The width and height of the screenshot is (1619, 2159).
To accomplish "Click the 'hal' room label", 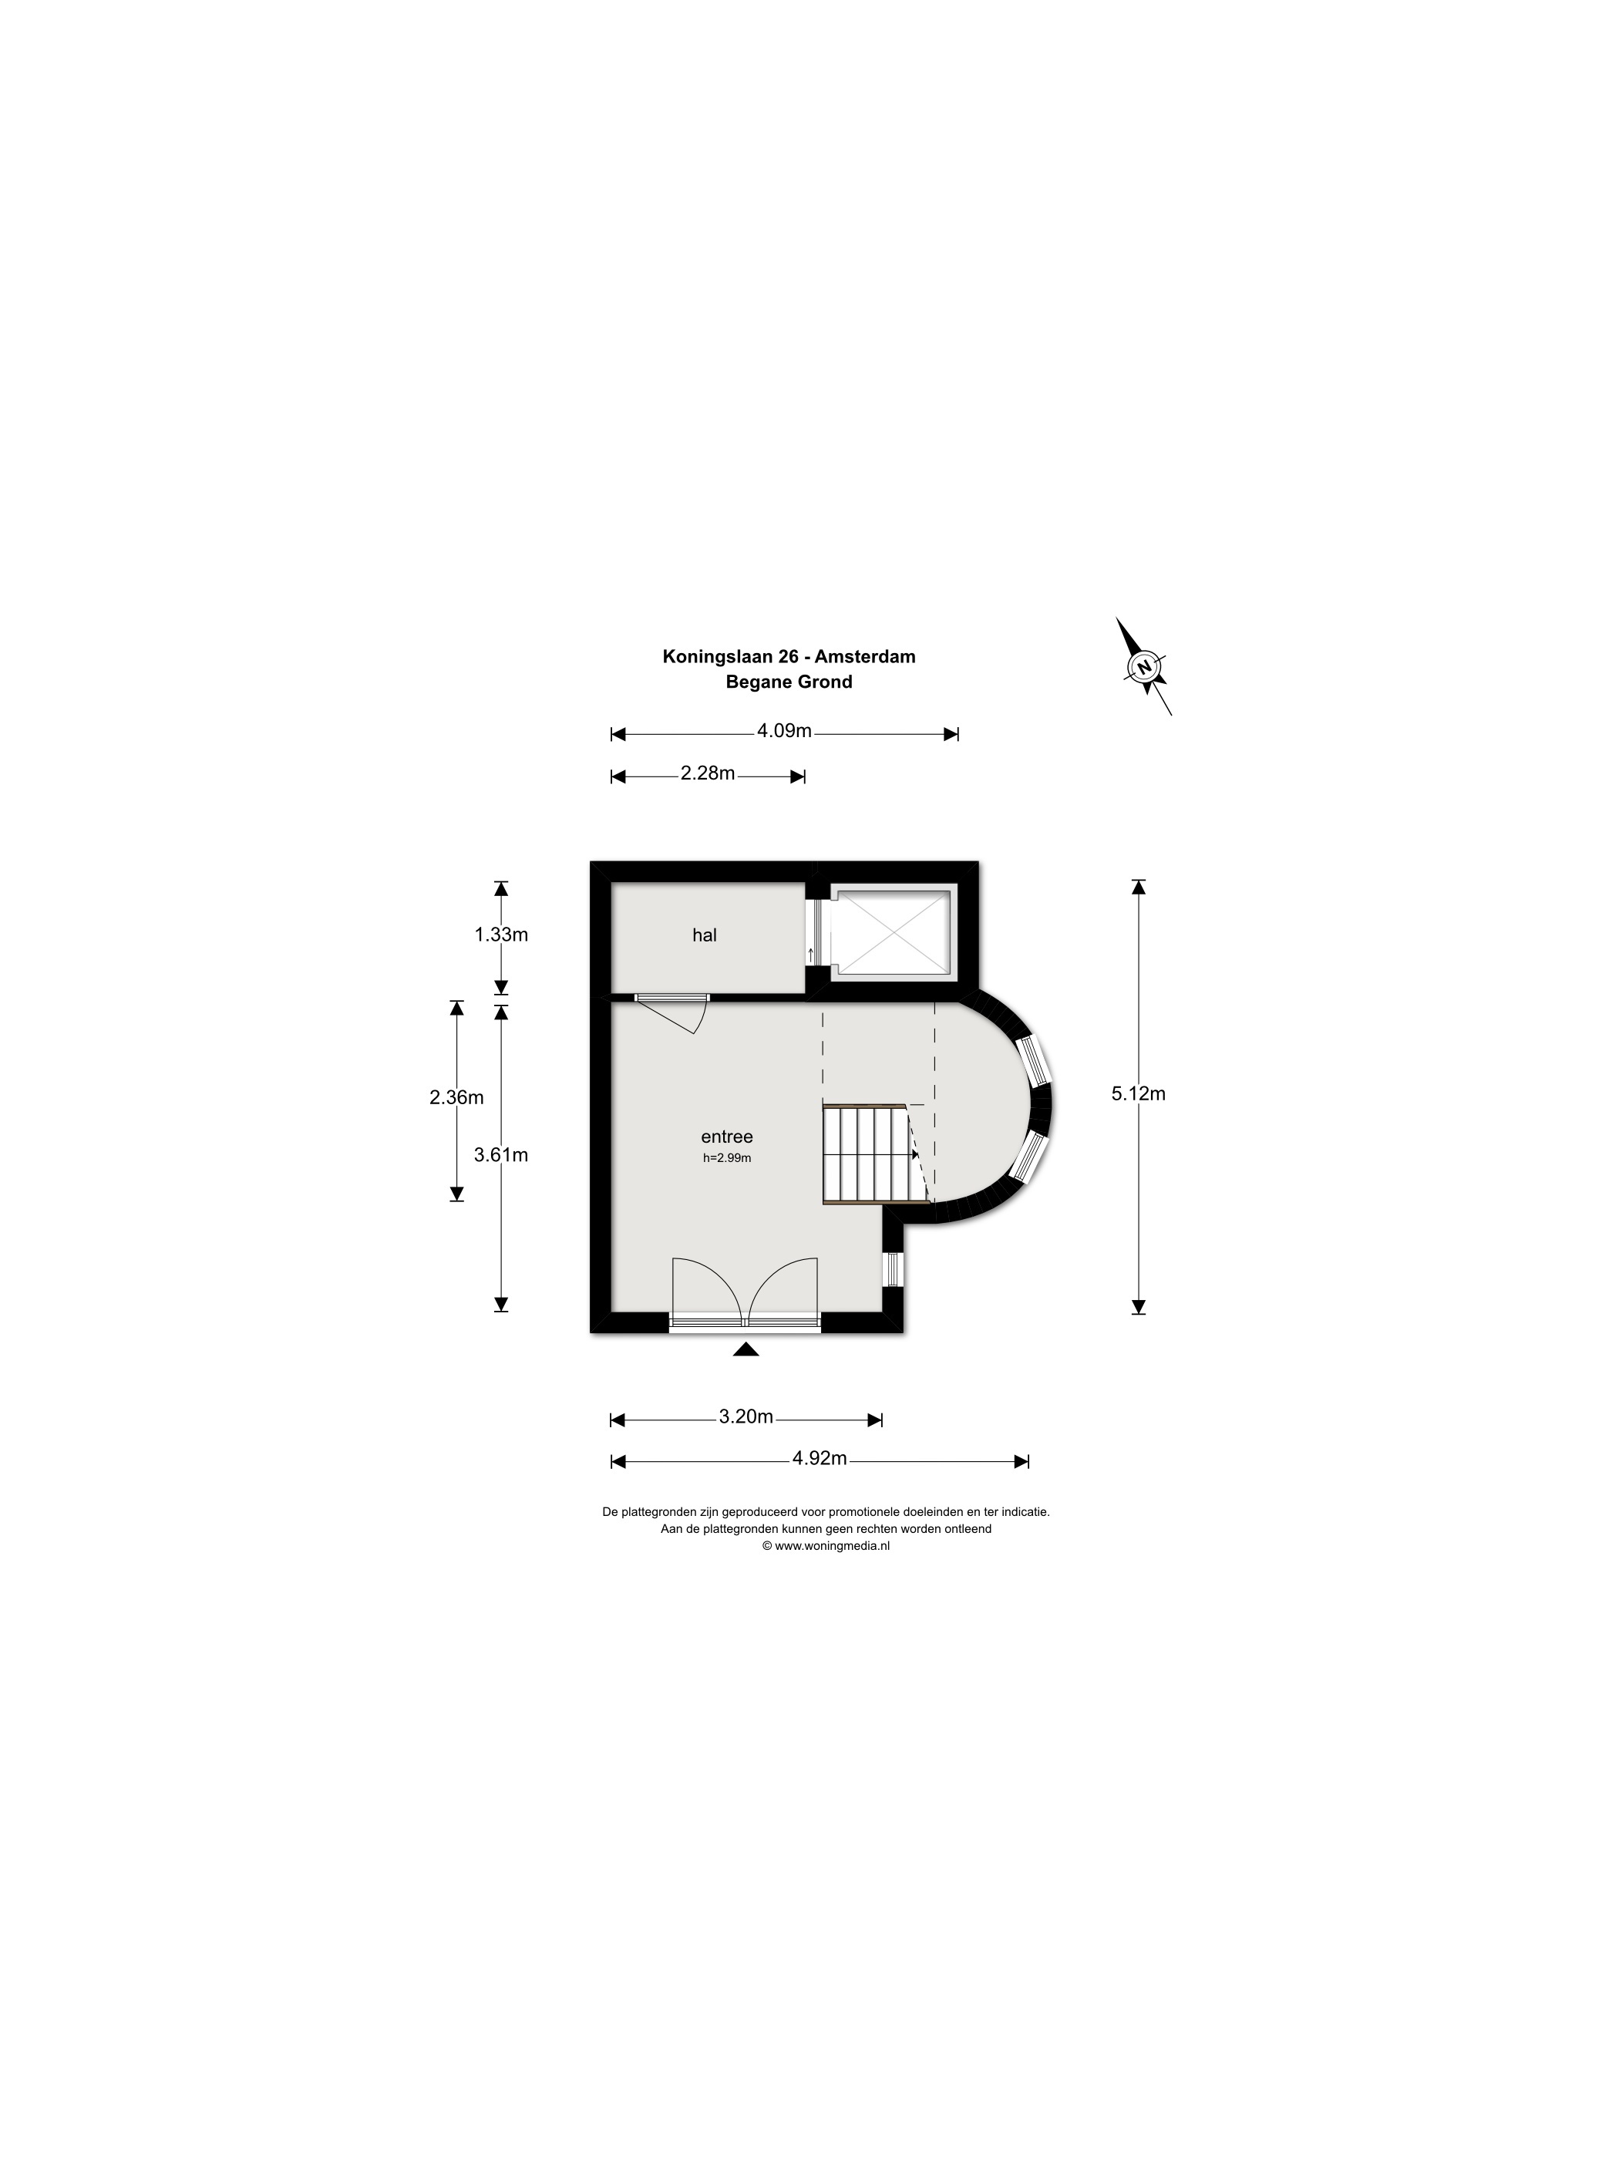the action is coord(704,935).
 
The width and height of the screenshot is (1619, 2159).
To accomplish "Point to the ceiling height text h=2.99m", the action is coord(727,1159).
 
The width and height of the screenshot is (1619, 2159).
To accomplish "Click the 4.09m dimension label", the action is coord(785,730).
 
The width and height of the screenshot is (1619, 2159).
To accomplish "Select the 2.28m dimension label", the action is coord(708,773).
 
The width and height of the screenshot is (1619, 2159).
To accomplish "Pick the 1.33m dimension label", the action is coord(502,934).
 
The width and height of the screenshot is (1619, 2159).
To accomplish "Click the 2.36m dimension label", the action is coord(456,1097).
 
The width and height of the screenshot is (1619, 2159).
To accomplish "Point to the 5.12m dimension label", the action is coord(1139,1093).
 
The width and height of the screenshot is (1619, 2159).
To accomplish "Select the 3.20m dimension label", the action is coord(746,1416).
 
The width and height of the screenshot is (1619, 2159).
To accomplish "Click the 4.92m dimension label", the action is coord(820,1458).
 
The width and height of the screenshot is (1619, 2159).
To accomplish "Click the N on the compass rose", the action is coord(1143,667).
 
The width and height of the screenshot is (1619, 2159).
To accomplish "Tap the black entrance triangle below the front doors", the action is coord(746,1350).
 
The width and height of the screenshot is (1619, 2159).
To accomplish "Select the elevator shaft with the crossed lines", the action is coord(890,931).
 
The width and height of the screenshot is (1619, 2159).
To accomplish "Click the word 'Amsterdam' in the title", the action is coord(866,656).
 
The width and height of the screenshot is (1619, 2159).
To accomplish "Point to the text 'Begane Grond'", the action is coord(789,682).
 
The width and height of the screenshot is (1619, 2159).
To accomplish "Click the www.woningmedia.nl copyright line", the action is coord(826,1546).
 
